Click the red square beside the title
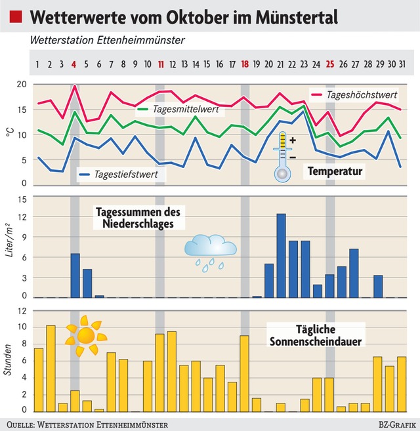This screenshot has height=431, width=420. pos(18,16)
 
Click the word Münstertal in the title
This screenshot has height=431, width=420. pos(294,16)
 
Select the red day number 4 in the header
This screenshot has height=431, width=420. pos(74,64)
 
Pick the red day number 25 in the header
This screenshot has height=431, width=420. pos(330,64)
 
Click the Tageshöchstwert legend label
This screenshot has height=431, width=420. pos(362,95)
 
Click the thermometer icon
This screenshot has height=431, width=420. pos(282,155)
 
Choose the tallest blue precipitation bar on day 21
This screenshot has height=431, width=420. pos(281,255)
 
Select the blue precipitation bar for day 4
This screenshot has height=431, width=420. pos(75,275)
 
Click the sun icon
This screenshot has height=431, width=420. pos(86,335)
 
